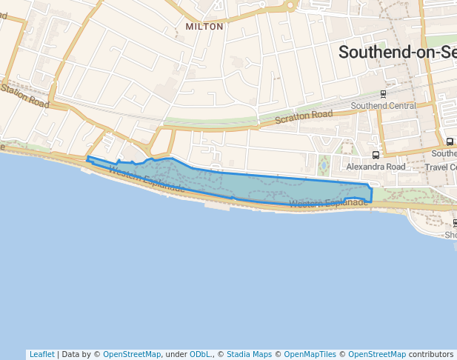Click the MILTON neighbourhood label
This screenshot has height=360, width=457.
click(204, 27)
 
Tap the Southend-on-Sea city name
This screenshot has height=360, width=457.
click(397, 52)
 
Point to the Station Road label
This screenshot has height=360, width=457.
click(24, 97)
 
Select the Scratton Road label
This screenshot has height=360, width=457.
click(304, 116)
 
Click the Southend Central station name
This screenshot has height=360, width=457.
click(383, 106)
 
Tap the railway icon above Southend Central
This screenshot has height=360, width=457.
click(383, 94)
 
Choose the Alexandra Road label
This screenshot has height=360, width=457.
click(376, 167)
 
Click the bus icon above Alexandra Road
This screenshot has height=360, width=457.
click(376, 155)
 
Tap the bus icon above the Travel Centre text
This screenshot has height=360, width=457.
click(450, 141)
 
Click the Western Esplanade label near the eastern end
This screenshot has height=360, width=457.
click(328, 203)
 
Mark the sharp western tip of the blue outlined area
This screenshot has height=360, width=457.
click(87, 158)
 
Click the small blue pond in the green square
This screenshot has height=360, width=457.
click(323, 164)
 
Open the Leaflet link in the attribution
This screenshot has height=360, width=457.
click(41, 354)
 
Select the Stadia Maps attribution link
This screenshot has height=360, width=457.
click(249, 354)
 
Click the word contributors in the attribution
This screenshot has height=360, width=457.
click(430, 354)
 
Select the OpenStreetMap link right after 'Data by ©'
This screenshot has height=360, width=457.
click(131, 354)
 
